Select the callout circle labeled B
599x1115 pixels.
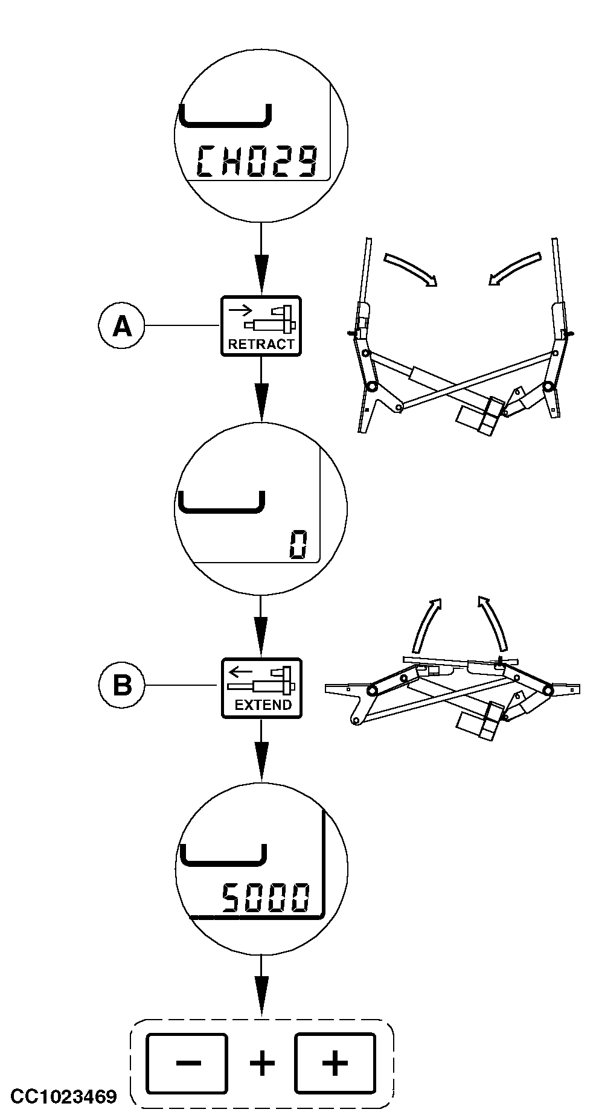(122, 686)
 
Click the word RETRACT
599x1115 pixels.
(261, 345)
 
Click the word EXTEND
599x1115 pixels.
(263, 704)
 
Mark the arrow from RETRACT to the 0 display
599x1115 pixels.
(261, 389)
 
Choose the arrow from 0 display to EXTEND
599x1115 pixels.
(261, 627)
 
